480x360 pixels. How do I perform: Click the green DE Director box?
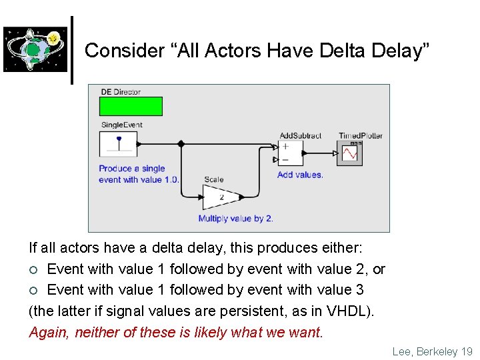click(131, 107)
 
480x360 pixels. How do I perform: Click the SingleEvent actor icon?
click(118, 144)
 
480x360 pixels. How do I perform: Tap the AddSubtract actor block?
click(290, 153)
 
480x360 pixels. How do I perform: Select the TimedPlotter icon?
click(349, 153)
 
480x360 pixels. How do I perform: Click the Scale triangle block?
click(221, 196)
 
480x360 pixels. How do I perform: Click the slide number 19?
click(466, 351)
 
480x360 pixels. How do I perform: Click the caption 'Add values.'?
click(300, 175)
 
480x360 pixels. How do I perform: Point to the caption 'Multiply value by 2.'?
click(235, 219)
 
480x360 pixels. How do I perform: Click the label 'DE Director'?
click(121, 92)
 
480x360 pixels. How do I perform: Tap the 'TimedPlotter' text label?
click(360, 135)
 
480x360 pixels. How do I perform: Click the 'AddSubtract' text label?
click(300, 135)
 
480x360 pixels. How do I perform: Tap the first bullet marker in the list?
click(34, 269)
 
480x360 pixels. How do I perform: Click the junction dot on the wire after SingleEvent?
click(181, 143)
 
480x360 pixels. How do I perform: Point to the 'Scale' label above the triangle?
click(214, 179)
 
